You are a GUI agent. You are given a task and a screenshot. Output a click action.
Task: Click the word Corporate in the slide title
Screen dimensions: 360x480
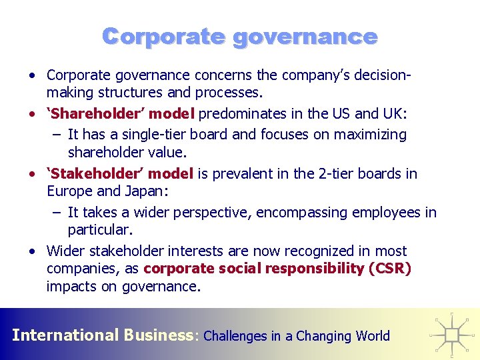(x=163, y=36)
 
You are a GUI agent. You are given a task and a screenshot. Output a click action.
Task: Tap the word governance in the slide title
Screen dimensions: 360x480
(x=305, y=37)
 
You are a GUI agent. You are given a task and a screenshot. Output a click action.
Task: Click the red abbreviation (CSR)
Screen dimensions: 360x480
(x=389, y=269)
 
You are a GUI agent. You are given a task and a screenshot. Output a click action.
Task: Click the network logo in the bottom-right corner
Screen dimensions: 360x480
(x=451, y=332)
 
